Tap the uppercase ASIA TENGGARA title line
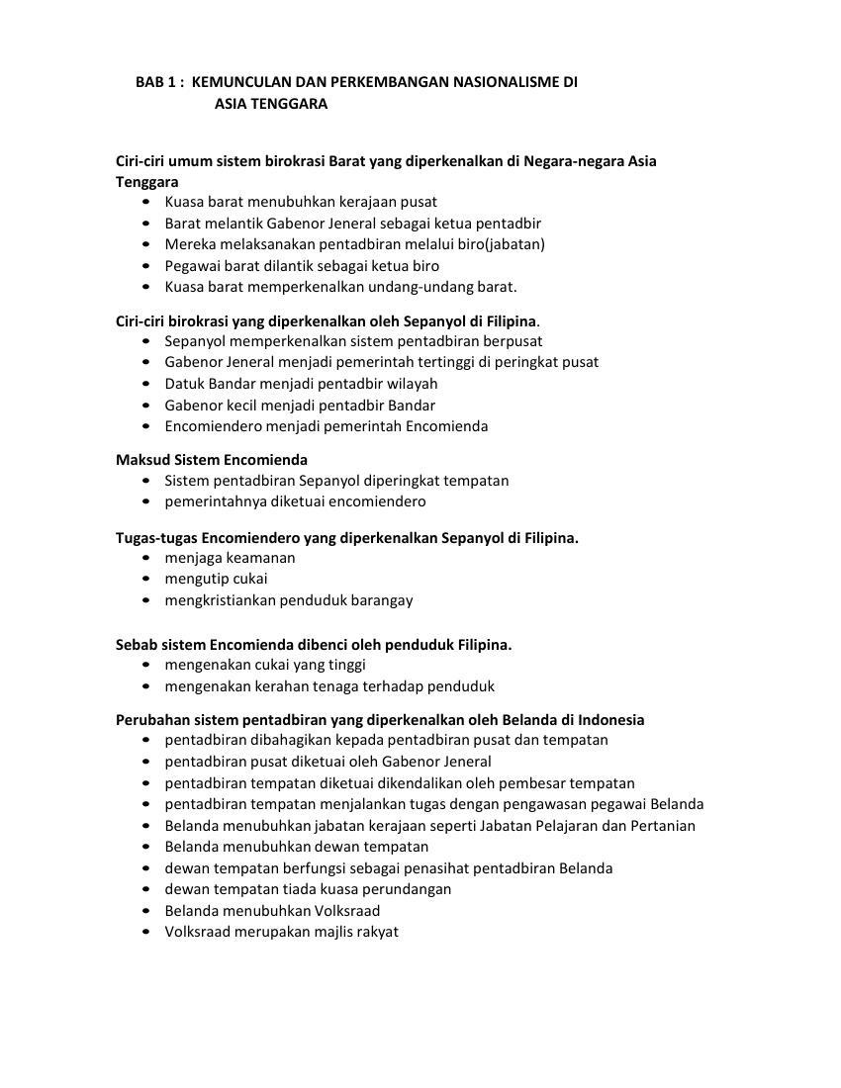(x=270, y=104)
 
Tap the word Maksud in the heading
(x=142, y=460)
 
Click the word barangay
(x=381, y=600)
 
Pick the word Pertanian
(x=659, y=826)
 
